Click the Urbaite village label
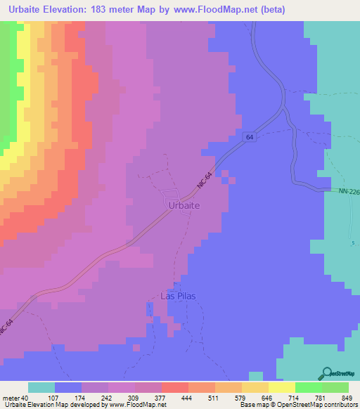185,204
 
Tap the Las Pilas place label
176,296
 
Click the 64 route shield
250,137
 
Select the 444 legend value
175,397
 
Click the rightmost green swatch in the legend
335,387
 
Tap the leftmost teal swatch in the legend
41,387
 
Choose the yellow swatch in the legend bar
281,387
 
